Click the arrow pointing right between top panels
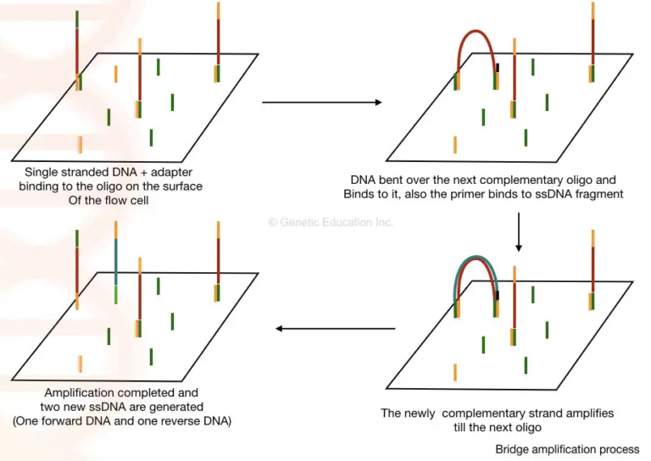point(322,103)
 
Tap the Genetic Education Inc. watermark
point(331,222)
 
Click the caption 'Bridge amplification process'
point(567,449)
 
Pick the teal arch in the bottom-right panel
point(476,259)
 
